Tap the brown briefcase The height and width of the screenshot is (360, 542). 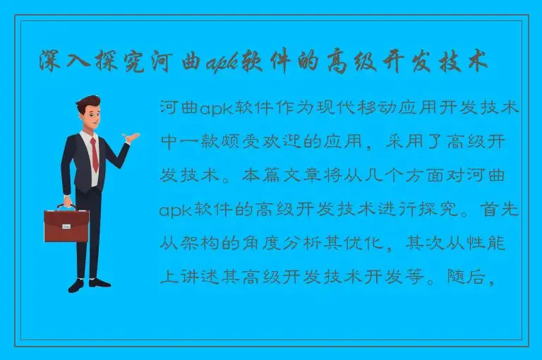[x=66, y=225]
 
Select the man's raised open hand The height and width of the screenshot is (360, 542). [x=129, y=137]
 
